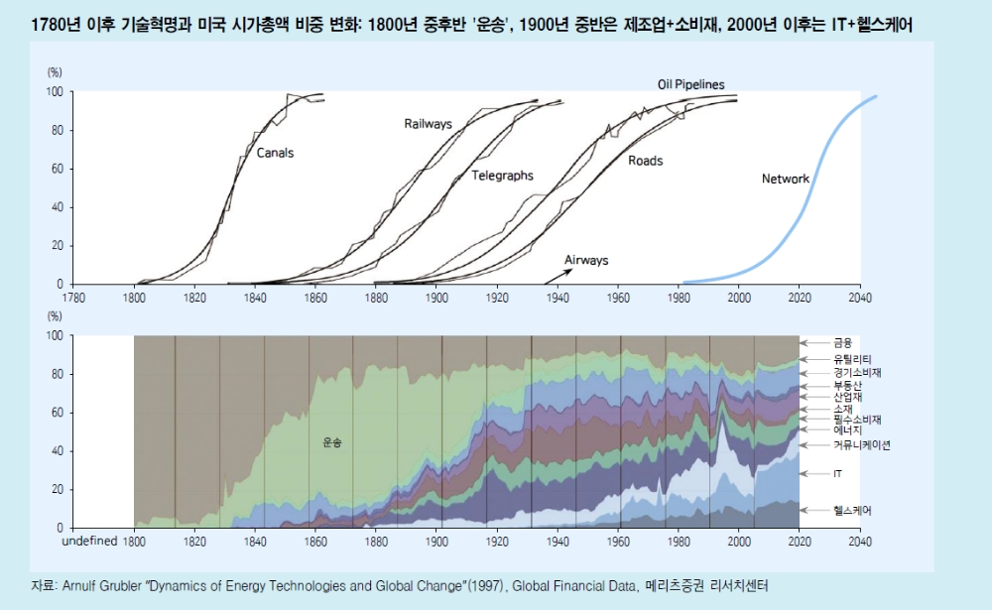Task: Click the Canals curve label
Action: pyautogui.click(x=275, y=154)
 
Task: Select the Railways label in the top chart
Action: pyautogui.click(x=428, y=124)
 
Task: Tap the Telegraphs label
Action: pyautogui.click(x=502, y=176)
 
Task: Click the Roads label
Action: pyautogui.click(x=645, y=161)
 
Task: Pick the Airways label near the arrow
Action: pyautogui.click(x=586, y=260)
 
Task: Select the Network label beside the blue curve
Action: pyautogui.click(x=785, y=180)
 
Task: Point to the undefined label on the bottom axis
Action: pyautogui.click(x=89, y=542)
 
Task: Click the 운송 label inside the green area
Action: pyautogui.click(x=331, y=443)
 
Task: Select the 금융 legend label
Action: pyautogui.click(x=842, y=342)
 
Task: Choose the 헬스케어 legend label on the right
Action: pyautogui.click(x=852, y=510)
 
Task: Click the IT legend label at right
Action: pyautogui.click(x=837, y=475)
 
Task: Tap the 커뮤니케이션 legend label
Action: pyautogui.click(x=861, y=445)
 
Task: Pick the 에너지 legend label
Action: pyautogui.click(x=847, y=430)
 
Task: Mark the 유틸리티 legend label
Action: pyautogui.click(x=852, y=359)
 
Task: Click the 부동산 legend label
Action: pyautogui.click(x=847, y=384)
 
